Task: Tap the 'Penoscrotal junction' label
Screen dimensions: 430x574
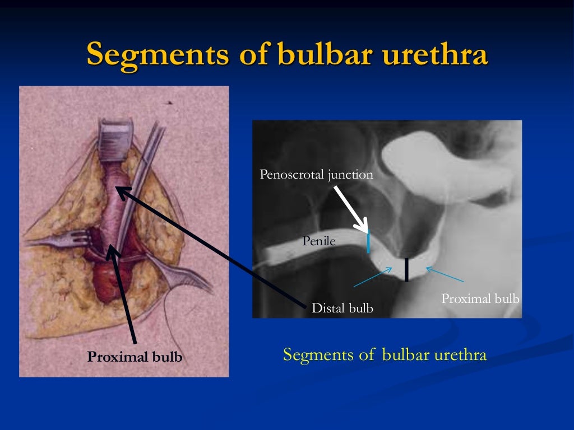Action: coord(316,175)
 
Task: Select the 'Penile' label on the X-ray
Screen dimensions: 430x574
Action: coord(318,241)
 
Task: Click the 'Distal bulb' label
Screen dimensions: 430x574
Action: coord(342,308)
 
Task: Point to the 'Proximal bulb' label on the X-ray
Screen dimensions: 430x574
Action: coord(480,299)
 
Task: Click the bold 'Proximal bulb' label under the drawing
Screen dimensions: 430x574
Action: coord(135,357)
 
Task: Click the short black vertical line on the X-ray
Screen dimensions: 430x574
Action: coord(406,269)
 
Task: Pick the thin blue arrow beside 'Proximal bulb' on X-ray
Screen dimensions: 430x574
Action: coord(446,274)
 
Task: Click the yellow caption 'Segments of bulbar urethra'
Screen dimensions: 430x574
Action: coord(385,355)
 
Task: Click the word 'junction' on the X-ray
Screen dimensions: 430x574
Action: coord(350,175)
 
